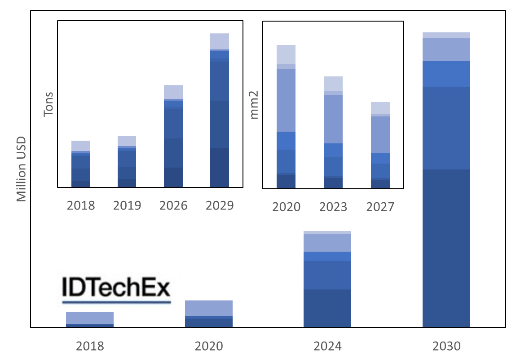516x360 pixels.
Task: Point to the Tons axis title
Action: [48, 104]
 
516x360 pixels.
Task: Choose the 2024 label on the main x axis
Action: [327, 347]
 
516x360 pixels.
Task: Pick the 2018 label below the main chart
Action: [90, 347]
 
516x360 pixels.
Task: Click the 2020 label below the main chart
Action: [208, 347]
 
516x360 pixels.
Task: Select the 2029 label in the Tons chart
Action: [220, 206]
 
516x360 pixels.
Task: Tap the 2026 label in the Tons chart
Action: [173, 206]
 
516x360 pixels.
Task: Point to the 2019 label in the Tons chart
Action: [127, 206]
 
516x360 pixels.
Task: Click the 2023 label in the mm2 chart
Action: [333, 207]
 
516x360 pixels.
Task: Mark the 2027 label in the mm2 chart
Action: [380, 207]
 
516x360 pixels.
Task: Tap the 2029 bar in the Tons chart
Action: [220, 110]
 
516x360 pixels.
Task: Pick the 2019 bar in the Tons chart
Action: [127, 161]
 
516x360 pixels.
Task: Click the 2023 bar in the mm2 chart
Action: [333, 133]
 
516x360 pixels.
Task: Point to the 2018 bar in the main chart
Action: [90, 319]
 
